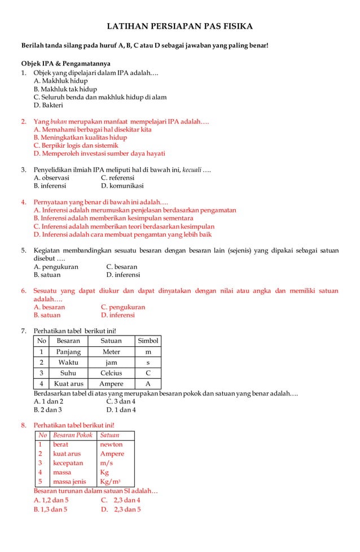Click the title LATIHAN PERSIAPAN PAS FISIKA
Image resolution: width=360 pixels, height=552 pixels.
click(180, 27)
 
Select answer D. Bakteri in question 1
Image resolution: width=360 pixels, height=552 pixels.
click(49, 105)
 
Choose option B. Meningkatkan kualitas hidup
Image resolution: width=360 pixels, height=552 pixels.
click(80, 137)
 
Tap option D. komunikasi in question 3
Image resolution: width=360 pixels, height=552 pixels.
click(122, 186)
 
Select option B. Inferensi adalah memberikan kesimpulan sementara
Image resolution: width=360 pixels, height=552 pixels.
click(113, 218)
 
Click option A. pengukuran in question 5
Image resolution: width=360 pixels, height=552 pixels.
click(56, 266)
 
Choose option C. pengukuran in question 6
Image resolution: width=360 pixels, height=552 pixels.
click(123, 307)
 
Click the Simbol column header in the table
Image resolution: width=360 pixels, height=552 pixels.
click(148, 341)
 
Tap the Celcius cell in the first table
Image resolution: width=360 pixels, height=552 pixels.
click(111, 373)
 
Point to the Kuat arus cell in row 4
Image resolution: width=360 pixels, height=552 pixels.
click(68, 384)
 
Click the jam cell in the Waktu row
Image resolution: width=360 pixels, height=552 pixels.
click(111, 362)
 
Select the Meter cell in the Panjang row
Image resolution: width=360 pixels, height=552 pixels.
click(111, 351)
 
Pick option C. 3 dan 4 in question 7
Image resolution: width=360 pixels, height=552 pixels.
click(121, 401)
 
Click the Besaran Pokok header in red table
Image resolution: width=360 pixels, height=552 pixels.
click(72, 435)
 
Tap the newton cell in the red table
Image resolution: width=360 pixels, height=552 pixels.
click(111, 444)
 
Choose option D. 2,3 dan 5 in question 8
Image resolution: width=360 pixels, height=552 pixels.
click(121, 509)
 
